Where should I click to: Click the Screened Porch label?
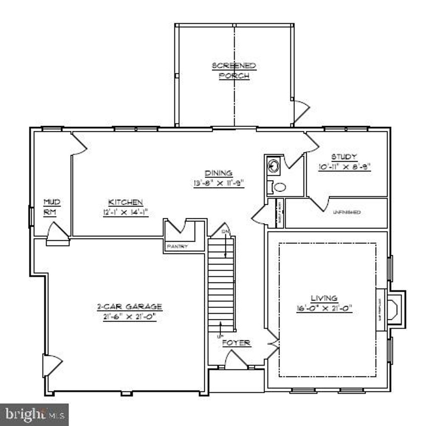point(234,71)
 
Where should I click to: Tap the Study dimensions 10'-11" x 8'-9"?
point(345,167)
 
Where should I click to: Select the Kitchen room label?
point(125,202)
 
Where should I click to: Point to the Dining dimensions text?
point(219,183)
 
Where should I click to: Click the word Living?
point(324,298)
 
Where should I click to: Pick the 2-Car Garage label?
point(129,306)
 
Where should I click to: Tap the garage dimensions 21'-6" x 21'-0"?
point(129,316)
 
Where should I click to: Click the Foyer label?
point(237,343)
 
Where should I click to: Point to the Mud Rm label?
point(51,207)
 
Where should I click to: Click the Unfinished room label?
point(347,212)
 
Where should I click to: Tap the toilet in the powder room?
point(279,186)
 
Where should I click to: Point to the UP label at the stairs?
point(220,336)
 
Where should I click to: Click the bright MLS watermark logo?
point(34,414)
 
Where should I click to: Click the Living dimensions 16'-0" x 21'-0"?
point(325,309)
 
